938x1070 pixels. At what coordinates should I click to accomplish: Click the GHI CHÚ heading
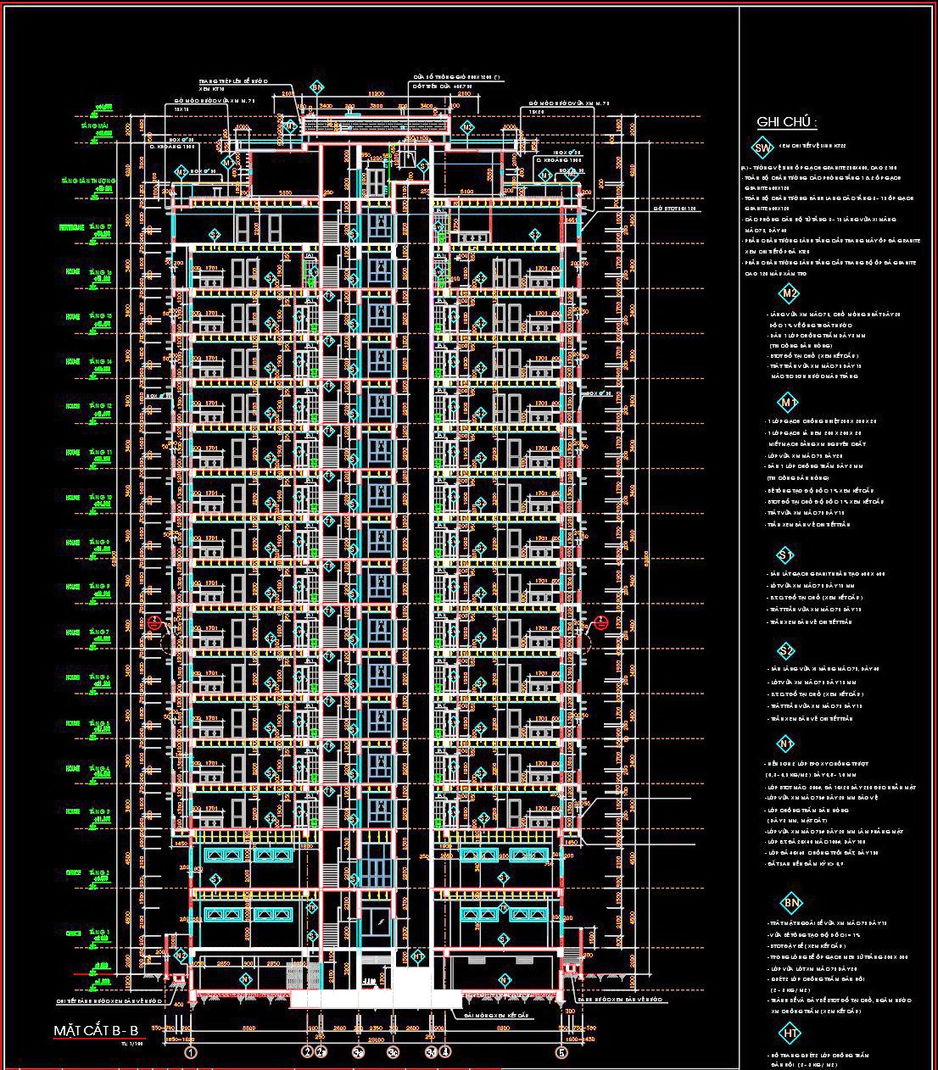(x=786, y=122)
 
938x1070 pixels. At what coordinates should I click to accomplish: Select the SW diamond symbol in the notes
(x=762, y=148)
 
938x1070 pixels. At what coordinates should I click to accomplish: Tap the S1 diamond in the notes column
(x=785, y=555)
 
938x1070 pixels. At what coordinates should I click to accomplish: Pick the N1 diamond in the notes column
(x=786, y=744)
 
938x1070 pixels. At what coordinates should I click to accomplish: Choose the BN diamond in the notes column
(x=791, y=903)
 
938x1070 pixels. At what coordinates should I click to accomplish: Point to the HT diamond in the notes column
(x=790, y=1034)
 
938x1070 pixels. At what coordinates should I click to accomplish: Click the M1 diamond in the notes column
(x=789, y=402)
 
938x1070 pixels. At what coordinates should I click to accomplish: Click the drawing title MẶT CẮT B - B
(x=96, y=1030)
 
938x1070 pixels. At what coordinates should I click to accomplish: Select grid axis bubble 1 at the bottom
(x=191, y=1054)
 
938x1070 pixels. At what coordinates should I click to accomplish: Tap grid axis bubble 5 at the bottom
(x=561, y=1054)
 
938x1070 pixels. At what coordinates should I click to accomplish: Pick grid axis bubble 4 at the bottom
(x=446, y=1054)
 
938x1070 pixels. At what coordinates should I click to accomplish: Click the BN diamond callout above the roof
(x=316, y=87)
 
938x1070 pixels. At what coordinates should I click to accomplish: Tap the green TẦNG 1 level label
(x=99, y=933)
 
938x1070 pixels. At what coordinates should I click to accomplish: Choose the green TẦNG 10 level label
(x=99, y=497)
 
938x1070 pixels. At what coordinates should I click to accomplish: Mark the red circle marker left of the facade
(x=154, y=623)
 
